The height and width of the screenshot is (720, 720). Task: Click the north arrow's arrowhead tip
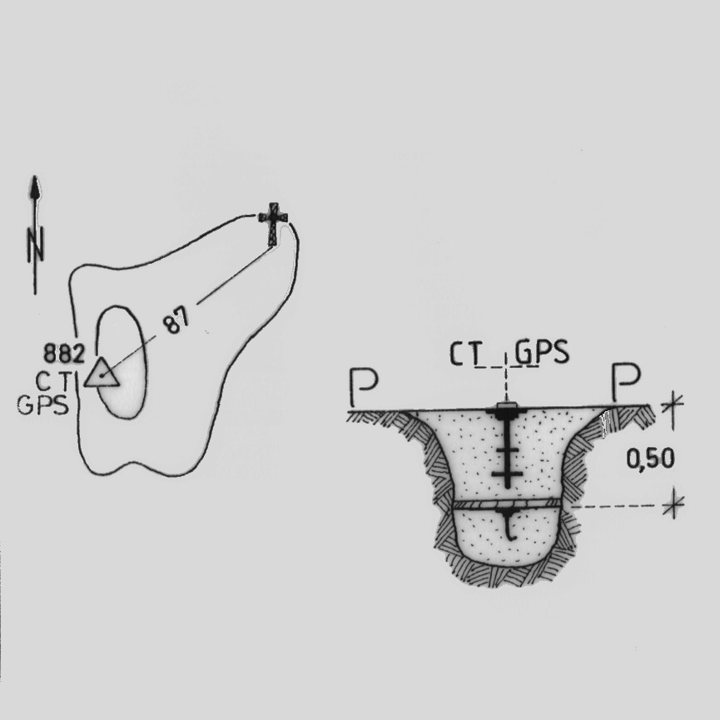[x=34, y=176]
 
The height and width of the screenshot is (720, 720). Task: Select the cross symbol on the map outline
[x=273, y=224]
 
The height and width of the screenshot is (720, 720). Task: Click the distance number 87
[x=176, y=320]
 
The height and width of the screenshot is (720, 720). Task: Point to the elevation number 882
[x=64, y=354]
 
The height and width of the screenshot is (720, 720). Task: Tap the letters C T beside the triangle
[x=54, y=380]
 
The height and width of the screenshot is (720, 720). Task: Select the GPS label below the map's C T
[x=42, y=405]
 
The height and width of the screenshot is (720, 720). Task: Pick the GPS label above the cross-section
[x=542, y=352]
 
